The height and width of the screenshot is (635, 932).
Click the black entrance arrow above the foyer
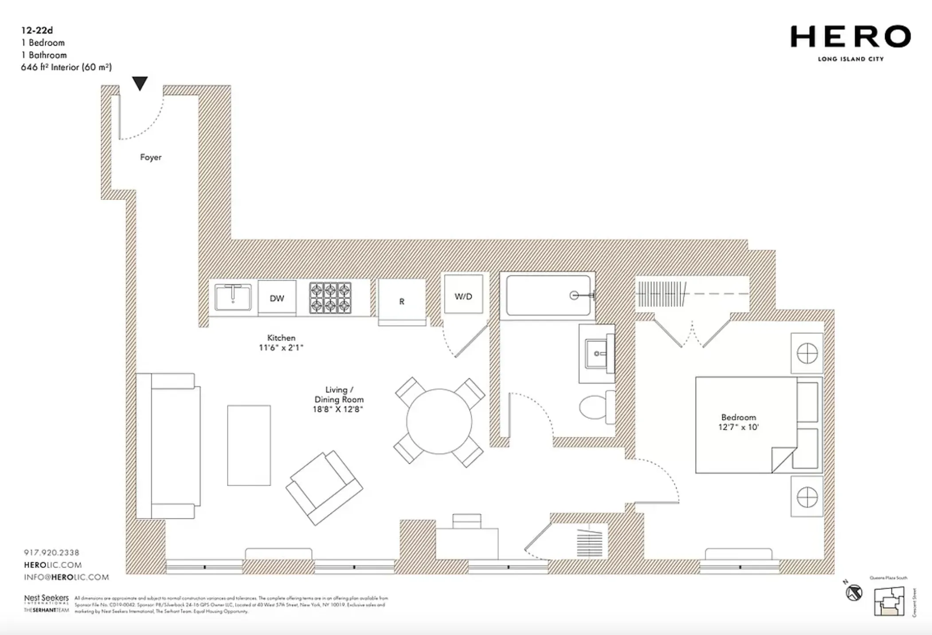[140, 83]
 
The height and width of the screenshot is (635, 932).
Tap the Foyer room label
[151, 157]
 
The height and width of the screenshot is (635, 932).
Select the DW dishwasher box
[277, 298]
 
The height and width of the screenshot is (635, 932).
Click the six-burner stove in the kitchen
[330, 298]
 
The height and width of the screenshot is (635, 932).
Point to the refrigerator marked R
[402, 302]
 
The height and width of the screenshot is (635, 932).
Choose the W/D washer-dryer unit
[463, 296]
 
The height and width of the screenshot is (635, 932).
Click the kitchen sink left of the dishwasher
[233, 297]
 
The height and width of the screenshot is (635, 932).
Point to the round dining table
[439, 421]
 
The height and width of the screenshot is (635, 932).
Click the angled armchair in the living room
[324, 488]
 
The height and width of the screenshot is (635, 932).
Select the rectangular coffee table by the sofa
[249, 445]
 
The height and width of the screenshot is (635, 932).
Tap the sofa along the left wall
[168, 446]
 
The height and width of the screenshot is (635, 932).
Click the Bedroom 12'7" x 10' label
[738, 422]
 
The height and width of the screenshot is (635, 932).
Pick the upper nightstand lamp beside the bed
[807, 353]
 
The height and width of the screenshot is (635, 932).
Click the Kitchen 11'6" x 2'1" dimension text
[281, 343]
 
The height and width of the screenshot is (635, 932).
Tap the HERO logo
[850, 37]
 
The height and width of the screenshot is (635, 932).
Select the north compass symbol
[854, 592]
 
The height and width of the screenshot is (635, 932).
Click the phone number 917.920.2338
[51, 553]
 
